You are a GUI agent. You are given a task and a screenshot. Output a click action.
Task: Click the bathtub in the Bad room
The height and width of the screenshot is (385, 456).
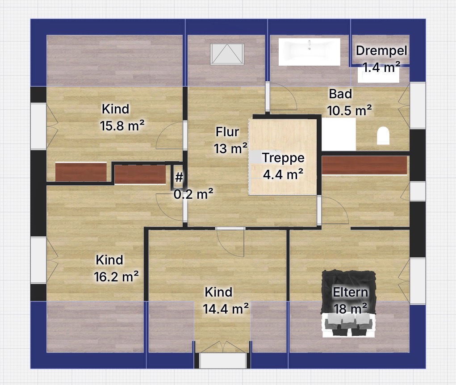pyautogui.click(x=310, y=52)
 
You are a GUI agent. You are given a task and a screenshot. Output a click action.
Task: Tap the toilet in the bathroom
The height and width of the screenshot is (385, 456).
pyautogui.click(x=383, y=135)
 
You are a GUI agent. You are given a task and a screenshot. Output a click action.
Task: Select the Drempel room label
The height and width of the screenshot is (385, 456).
pyautogui.click(x=381, y=50)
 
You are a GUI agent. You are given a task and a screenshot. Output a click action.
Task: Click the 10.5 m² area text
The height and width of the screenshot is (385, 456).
pyautogui.click(x=349, y=110)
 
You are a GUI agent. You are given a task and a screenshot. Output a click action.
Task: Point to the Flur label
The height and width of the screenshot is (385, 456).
pyautogui.click(x=227, y=132)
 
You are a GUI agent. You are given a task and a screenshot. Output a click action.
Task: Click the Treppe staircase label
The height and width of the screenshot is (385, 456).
pyautogui.click(x=283, y=158)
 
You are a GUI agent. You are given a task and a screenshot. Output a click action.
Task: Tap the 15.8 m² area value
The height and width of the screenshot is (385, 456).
pyautogui.click(x=122, y=126)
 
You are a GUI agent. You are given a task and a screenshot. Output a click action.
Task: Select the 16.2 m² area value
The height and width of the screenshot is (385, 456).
pyautogui.click(x=116, y=276)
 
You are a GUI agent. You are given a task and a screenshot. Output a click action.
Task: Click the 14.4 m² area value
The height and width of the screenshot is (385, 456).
pyautogui.click(x=226, y=309)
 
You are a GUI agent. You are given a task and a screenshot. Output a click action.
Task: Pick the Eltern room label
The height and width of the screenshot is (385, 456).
pyautogui.click(x=351, y=292)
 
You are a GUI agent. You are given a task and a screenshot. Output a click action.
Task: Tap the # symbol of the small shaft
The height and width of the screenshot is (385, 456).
pyautogui.click(x=179, y=177)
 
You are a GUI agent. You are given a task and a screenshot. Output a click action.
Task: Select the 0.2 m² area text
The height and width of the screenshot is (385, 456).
pyautogui.click(x=193, y=194)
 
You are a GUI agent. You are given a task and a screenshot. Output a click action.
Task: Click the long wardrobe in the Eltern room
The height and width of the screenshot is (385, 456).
pyautogui.click(x=364, y=165)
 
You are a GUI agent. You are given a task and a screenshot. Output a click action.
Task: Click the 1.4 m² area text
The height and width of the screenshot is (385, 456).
pyautogui.click(x=381, y=67)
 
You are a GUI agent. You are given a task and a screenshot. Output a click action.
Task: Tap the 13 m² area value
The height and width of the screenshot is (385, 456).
pyautogui.click(x=230, y=148)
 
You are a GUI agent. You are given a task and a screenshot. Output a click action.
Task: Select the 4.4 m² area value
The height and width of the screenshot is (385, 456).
pyautogui.click(x=283, y=175)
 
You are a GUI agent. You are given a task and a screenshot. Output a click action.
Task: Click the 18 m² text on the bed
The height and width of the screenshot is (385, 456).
pyautogui.click(x=350, y=308)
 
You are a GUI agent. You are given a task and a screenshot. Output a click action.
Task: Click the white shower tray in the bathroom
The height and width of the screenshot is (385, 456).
pyautogui.click(x=339, y=134)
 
